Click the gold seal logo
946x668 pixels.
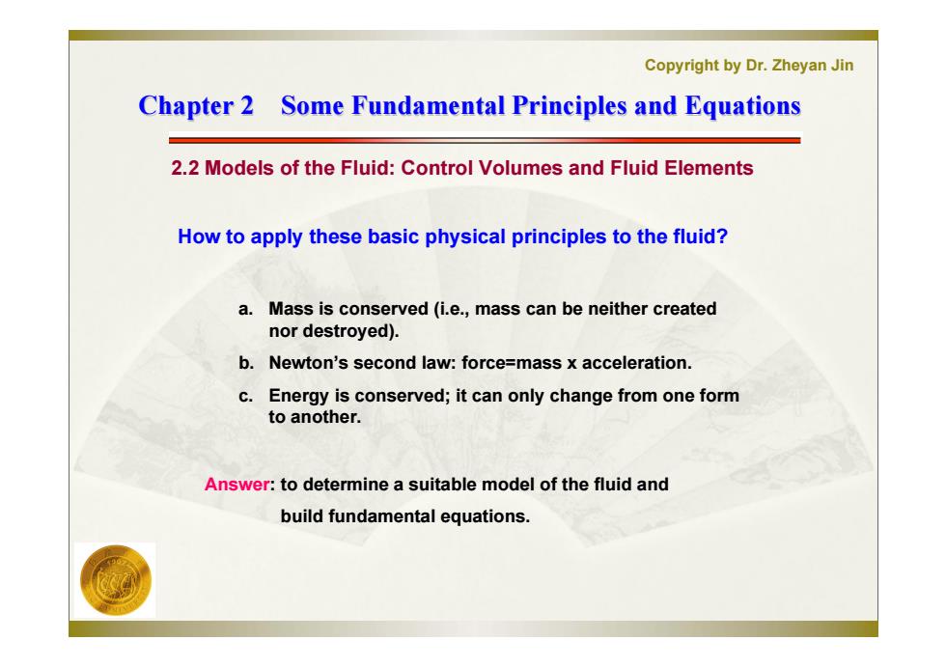click(x=116, y=580)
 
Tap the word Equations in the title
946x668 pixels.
click(x=742, y=106)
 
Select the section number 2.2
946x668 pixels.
click(x=184, y=168)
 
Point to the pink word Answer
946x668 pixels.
click(x=236, y=484)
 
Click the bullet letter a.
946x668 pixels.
click(x=244, y=309)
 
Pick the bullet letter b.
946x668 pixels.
click(x=245, y=363)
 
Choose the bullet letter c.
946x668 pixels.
click(x=244, y=396)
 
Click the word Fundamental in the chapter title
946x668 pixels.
click(x=428, y=105)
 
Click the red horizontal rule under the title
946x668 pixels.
click(x=485, y=141)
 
